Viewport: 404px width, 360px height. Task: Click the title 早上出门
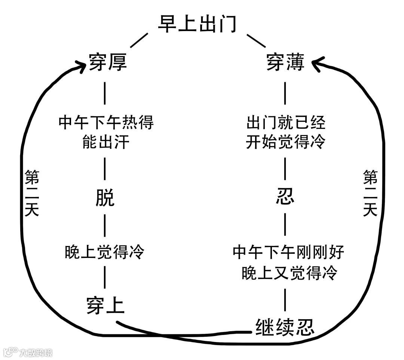(x=197, y=24)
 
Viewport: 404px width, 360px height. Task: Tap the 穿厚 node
(x=108, y=62)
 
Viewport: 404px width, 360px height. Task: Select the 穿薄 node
(x=285, y=62)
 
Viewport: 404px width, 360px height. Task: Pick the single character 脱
(x=105, y=198)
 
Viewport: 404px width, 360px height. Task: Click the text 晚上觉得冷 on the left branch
(x=104, y=252)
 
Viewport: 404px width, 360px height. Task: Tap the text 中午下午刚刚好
(x=288, y=252)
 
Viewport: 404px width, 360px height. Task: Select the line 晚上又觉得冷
(x=289, y=273)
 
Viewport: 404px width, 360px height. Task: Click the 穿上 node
(x=105, y=305)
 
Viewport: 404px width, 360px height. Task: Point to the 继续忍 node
(x=285, y=327)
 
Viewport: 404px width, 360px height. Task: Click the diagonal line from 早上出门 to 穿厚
(x=139, y=40)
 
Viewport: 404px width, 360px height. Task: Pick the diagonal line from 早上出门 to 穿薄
(x=256, y=40)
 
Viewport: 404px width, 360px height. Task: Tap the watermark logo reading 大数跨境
(x=28, y=352)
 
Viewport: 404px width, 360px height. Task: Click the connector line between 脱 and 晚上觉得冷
(x=105, y=226)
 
